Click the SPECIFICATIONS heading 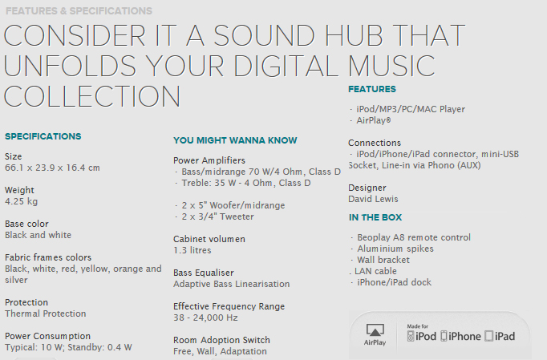(43, 136)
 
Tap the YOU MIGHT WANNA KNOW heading (235, 140)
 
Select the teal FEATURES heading (372, 89)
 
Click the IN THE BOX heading (375, 217)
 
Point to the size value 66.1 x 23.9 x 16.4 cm (52, 168)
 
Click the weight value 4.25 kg (22, 201)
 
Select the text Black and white (38, 235)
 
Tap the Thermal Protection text (46, 313)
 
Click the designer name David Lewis (373, 199)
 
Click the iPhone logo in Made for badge (460, 336)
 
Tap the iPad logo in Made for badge (500, 336)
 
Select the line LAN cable (373, 271)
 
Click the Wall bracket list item (380, 261)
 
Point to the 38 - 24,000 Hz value (205, 318)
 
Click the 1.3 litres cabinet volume (192, 250)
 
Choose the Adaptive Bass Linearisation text (231, 284)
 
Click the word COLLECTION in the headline (92, 96)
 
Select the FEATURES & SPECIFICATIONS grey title (79, 11)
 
